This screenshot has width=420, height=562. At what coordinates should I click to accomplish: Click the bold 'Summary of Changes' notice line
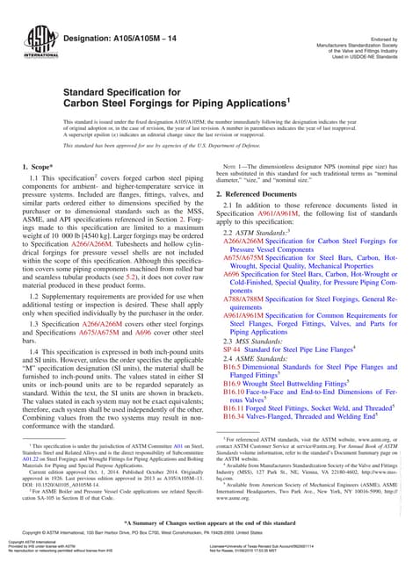[210, 523]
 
